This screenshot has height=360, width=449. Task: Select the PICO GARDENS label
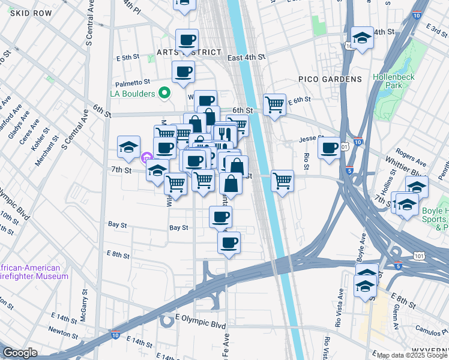330,79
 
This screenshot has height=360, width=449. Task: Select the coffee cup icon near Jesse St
329,148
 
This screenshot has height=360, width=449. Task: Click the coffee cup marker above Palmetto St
183,72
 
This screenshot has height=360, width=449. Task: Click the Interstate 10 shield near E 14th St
115,334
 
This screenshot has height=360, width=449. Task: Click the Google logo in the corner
20,353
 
